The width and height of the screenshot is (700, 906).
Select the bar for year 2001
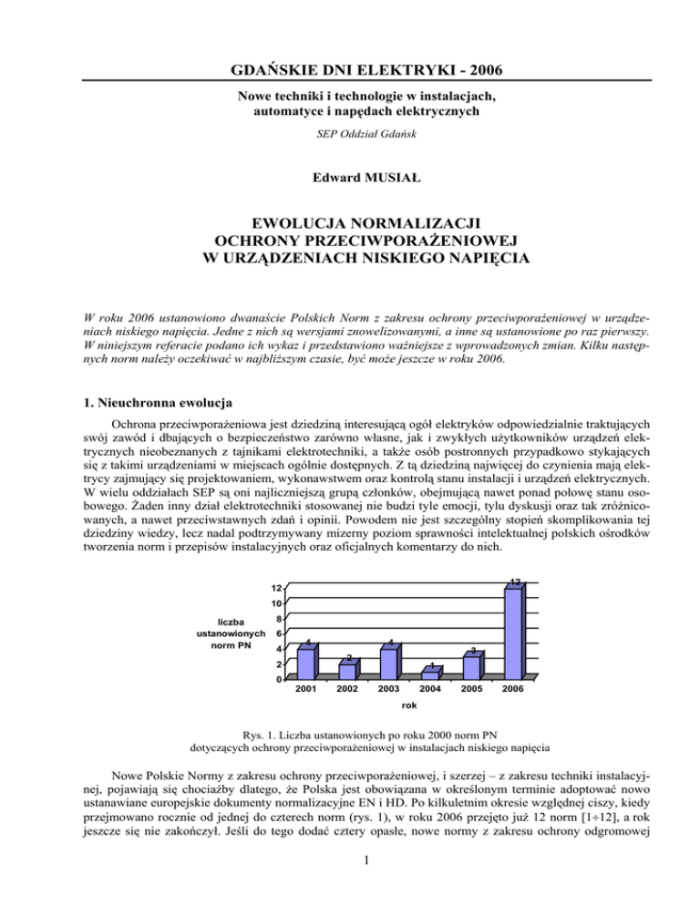tap(306, 662)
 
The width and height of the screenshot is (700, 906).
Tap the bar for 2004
tap(430, 674)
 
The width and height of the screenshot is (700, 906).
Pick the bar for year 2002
tap(347, 670)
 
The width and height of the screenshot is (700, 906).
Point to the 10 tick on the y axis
tap(274, 602)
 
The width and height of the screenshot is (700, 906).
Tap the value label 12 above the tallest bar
tap(515, 582)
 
